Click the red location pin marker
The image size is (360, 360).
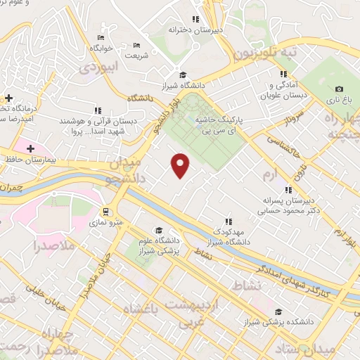point(181,165)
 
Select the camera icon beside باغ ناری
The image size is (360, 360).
point(339,89)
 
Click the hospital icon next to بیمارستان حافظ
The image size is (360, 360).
point(30,148)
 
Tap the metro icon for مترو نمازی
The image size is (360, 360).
point(105,211)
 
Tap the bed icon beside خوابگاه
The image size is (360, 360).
point(101,37)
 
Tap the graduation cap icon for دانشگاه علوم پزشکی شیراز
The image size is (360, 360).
point(159,231)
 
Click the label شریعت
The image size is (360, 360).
point(138,55)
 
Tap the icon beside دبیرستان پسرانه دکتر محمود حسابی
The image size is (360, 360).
point(287,189)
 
